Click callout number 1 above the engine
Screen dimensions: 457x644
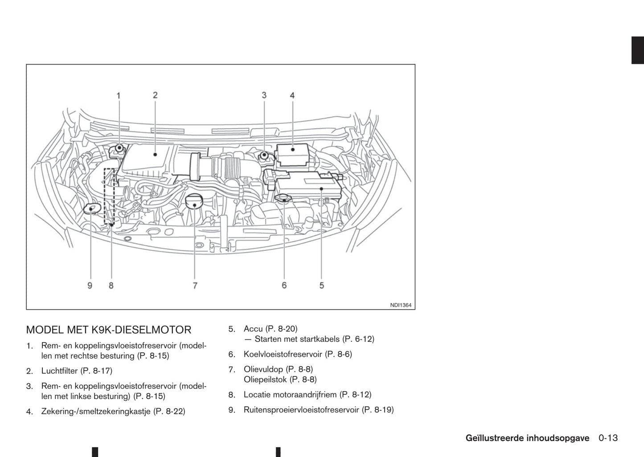pos(119,95)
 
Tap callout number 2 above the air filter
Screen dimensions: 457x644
pos(155,95)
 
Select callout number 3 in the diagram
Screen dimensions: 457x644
pos(264,95)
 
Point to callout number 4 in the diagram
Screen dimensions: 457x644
pos(292,95)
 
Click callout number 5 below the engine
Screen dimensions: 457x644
pos(322,285)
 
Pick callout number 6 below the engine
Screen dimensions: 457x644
pos(284,285)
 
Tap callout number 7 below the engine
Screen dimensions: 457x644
pos(195,285)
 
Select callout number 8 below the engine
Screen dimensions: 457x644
pos(111,285)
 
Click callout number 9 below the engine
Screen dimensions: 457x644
pos(90,285)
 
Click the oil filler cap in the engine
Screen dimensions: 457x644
pos(194,201)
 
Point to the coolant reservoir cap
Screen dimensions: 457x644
pos(283,198)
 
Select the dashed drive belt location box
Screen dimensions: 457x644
pos(109,196)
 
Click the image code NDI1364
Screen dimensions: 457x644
pos(401,305)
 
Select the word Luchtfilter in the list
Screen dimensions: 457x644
pos(60,371)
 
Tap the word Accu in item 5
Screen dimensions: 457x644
pos(253,329)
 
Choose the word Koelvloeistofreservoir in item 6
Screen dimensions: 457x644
pos(283,354)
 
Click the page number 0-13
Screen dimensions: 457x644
pos(608,438)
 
